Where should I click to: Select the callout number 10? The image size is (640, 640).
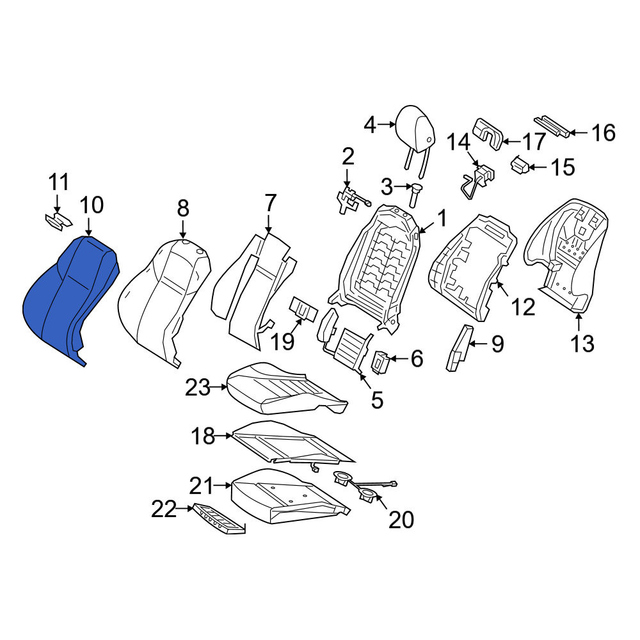[92, 205]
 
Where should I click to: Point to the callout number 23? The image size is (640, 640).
[198, 387]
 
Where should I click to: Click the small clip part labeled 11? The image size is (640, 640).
[58, 221]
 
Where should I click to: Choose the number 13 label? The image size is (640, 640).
[582, 343]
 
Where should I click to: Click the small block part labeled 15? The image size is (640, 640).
[520, 165]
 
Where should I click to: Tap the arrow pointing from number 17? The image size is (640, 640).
[511, 141]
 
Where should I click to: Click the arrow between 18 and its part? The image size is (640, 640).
[223, 436]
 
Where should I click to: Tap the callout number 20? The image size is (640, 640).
[401, 520]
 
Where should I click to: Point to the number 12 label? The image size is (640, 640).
[523, 307]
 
